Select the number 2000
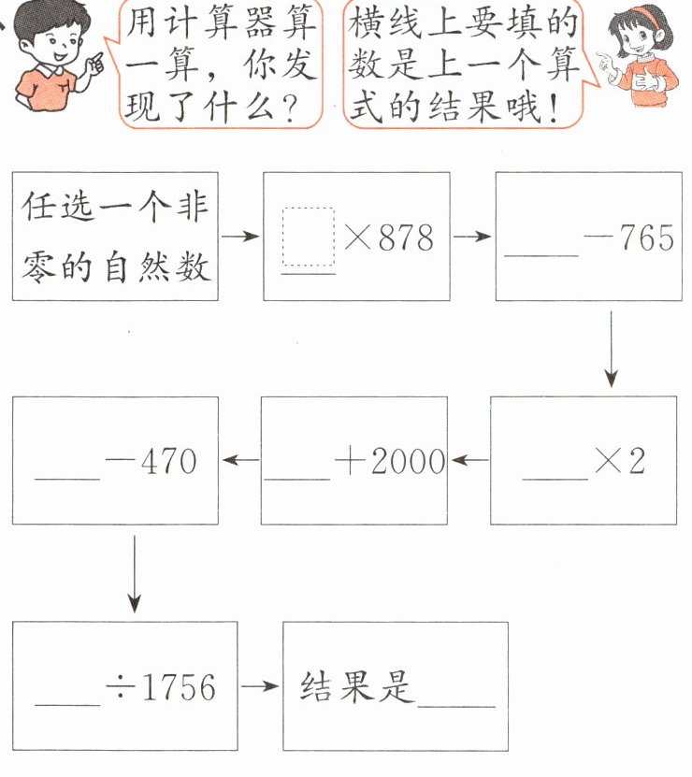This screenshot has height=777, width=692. [x=408, y=462]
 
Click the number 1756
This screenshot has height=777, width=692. [x=177, y=688]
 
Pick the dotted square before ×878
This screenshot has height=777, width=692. [x=309, y=236]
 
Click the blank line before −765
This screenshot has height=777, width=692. [x=540, y=254]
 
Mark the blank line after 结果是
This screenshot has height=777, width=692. [x=457, y=705]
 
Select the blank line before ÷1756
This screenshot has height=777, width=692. [x=66, y=704]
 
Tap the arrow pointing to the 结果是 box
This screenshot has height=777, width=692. [x=260, y=687]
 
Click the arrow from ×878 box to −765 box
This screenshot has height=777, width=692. [x=472, y=237]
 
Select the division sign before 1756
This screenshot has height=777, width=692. [x=120, y=688]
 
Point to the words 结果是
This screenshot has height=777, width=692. [x=356, y=687]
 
